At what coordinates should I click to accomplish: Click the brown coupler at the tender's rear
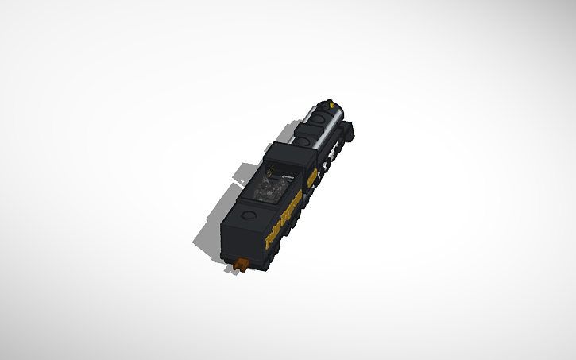click(241, 263)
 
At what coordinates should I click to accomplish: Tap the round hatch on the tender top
click(249, 215)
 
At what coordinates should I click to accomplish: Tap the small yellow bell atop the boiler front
click(330, 102)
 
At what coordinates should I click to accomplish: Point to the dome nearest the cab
click(303, 140)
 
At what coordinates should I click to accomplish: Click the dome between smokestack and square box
click(319, 118)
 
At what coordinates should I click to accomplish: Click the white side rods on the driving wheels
click(324, 165)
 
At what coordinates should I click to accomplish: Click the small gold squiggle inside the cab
click(273, 168)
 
